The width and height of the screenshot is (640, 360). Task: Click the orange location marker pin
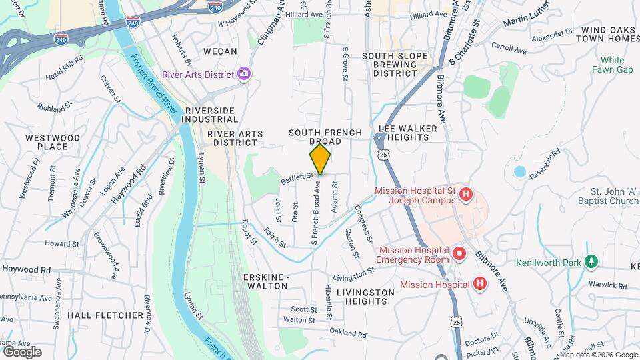320,159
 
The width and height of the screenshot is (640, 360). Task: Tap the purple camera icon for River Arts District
244,74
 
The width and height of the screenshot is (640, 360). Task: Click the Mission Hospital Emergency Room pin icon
459,253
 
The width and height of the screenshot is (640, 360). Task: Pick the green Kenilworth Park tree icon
590,261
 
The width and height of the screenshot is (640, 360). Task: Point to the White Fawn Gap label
611,65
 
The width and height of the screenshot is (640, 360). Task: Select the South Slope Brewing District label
395,64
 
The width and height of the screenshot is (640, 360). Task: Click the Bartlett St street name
296,178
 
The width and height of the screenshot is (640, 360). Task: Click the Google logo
22,351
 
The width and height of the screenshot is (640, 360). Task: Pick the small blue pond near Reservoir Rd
519,171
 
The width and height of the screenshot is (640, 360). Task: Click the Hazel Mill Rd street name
65,69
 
